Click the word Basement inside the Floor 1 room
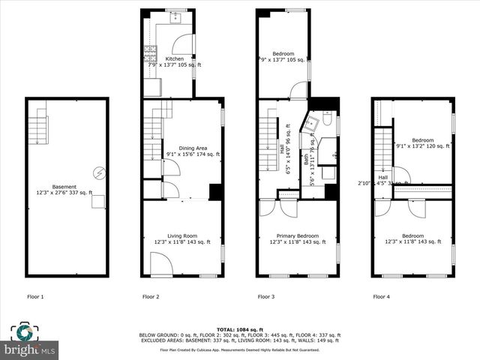coord(64,187)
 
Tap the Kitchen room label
coord(174,58)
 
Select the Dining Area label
coord(182,148)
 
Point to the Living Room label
coord(182,236)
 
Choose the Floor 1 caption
coord(35,297)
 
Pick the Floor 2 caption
coord(151,297)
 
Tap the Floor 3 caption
coord(266,297)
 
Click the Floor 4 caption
coord(382,297)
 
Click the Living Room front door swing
coord(161,264)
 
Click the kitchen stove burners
coord(148,54)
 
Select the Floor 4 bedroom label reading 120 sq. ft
coord(422,143)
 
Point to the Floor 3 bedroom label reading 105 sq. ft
coord(283,57)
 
